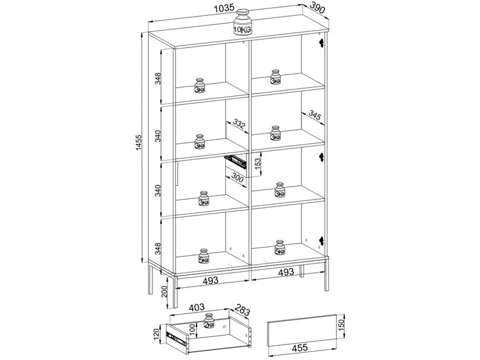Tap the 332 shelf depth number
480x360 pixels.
[x=238, y=123]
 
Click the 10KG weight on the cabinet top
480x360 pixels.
[x=243, y=23]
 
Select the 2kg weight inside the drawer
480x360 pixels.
[x=209, y=322]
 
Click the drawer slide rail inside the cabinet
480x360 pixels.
[x=236, y=159]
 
